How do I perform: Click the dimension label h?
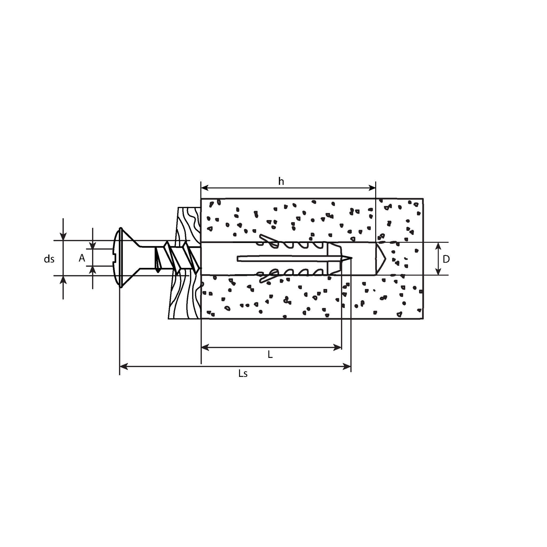[x=281, y=181]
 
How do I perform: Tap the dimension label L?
[x=270, y=354]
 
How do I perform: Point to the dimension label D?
[x=446, y=259]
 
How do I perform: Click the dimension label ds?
[x=49, y=259]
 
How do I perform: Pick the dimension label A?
[x=82, y=258]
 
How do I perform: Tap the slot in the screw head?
[x=115, y=259]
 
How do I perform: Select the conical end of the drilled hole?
[x=381, y=259]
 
